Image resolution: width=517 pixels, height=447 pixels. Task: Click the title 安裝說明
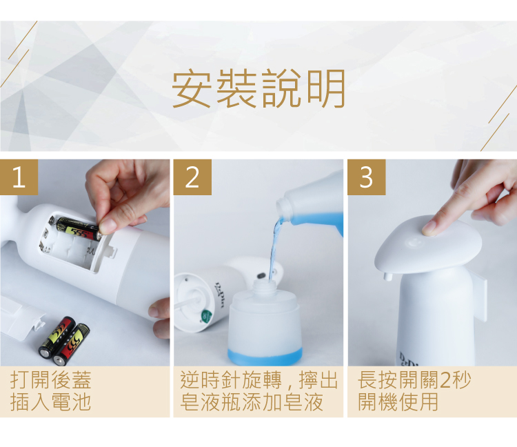[x=258, y=89]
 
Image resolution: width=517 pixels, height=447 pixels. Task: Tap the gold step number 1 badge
[x=19, y=177]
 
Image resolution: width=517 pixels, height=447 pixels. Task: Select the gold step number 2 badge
[x=192, y=177]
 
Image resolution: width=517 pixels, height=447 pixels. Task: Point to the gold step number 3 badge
[x=366, y=177]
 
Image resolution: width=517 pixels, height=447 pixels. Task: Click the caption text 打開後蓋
[x=50, y=380]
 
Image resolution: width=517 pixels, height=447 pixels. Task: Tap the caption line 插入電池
[x=50, y=402]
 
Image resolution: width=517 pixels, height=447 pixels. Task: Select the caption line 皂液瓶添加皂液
[x=251, y=402]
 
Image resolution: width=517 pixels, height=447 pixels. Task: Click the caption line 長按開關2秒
[x=414, y=380]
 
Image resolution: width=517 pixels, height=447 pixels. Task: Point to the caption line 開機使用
[x=398, y=402]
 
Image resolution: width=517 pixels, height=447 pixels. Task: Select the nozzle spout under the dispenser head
[x=387, y=276]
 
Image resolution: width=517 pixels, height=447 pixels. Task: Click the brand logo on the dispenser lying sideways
[x=219, y=295]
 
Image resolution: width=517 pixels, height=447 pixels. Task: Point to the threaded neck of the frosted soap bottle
[x=264, y=287]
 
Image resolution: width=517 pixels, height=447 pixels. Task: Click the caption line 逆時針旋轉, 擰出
[x=258, y=380]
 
